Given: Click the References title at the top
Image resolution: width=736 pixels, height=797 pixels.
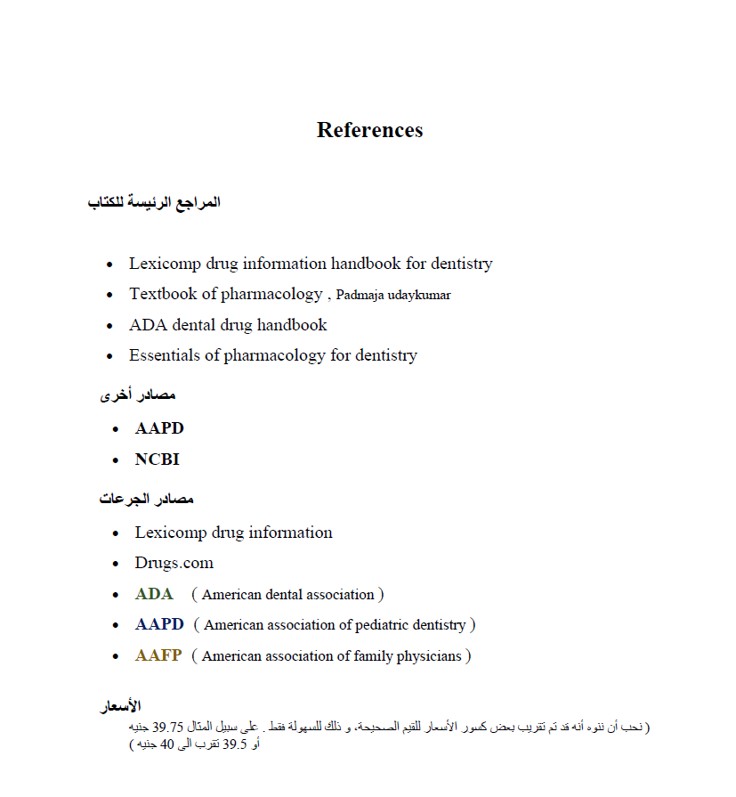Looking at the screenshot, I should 369,130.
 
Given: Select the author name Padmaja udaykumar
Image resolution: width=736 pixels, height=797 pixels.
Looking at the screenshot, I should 393,295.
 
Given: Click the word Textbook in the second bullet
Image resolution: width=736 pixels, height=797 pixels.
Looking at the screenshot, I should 163,294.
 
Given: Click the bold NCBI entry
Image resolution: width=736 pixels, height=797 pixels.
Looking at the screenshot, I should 157,459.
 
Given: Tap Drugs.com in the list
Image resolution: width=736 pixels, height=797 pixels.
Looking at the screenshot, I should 174,563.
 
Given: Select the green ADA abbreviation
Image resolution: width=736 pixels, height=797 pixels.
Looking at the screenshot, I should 154,594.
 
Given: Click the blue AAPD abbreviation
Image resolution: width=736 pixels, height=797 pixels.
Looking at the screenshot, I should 159,624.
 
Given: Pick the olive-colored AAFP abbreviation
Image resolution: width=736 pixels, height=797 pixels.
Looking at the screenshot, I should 158,655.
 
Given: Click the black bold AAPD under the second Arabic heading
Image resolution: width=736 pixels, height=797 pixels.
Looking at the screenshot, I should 159,428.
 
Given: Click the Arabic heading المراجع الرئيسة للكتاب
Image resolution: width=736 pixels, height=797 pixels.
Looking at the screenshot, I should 154,203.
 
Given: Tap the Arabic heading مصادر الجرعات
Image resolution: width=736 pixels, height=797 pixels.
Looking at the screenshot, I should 147,500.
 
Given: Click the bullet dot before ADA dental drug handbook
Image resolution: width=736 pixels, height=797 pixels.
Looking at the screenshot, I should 109,326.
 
